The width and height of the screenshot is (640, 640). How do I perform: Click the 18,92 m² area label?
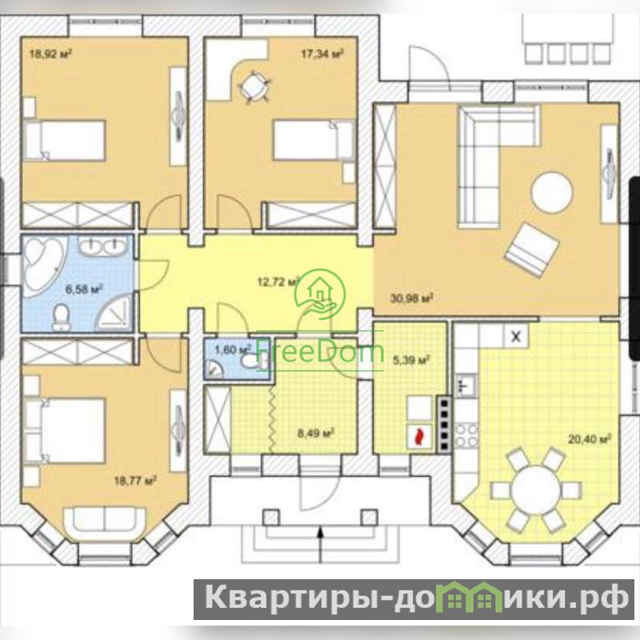point(51,54)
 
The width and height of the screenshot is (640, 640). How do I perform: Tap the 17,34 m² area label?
point(322,54)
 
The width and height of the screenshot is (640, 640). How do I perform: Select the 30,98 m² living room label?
point(411,298)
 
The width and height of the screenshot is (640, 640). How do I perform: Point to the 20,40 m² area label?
point(590,439)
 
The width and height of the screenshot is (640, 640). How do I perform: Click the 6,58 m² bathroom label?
point(84,290)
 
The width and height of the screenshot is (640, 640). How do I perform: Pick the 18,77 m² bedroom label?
point(135,481)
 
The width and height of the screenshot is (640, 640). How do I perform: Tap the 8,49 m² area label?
point(316,433)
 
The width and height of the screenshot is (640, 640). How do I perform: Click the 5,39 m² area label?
point(411,361)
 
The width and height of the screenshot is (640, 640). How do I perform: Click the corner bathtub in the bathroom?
point(43,263)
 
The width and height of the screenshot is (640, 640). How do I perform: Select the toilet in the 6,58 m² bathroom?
point(62,317)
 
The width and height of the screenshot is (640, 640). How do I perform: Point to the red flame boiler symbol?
point(418,437)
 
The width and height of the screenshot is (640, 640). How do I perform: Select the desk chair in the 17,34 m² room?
point(252,86)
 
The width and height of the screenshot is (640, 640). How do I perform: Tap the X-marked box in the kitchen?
point(516,337)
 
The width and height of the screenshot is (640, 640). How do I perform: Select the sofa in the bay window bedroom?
point(105,524)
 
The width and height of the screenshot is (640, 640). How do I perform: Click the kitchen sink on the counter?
point(466,386)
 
